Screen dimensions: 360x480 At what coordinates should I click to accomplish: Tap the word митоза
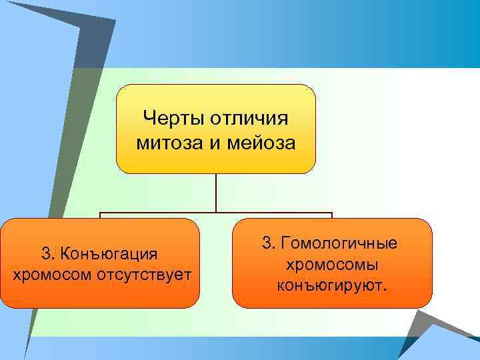click(x=165, y=143)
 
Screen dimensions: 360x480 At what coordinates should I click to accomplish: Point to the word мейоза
click(x=262, y=143)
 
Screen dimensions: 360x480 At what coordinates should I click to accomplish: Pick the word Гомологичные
click(x=340, y=243)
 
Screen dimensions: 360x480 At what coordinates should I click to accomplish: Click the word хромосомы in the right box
click(x=333, y=264)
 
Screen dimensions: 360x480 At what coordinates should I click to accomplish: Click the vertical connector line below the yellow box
click(x=216, y=193)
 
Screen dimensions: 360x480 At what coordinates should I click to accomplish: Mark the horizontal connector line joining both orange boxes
click(x=216, y=213)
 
